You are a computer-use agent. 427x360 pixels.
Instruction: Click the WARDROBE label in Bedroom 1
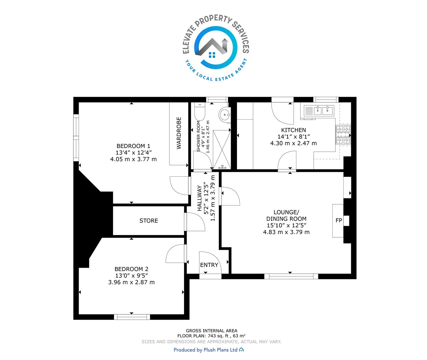pos(179,133)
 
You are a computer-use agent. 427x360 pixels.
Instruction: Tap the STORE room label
pos(149,221)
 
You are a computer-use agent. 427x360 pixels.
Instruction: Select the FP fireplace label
pos(339,220)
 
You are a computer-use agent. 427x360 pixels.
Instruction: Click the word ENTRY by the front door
pos(209,265)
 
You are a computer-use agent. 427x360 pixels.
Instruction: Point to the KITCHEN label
pos(293,130)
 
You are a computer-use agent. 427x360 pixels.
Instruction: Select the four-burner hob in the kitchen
pos(343,135)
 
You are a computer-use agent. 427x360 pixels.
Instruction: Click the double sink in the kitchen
pos(319,111)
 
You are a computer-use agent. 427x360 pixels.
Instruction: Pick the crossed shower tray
pos(222,149)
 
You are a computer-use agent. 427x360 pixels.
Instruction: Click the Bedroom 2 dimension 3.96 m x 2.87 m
pos(131,282)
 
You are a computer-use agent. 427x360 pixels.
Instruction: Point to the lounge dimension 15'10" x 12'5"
pos(287,225)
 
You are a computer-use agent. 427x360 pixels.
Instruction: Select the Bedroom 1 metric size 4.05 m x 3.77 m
pos(134,159)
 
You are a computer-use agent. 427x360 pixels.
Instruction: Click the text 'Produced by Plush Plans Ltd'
pos(206,350)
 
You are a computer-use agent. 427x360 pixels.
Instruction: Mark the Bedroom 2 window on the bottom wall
pos(132,317)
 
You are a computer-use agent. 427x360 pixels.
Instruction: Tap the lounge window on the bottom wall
pos(291,276)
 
